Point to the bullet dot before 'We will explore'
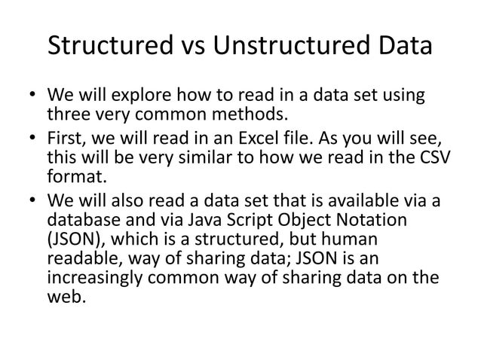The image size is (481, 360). click(34, 99)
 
